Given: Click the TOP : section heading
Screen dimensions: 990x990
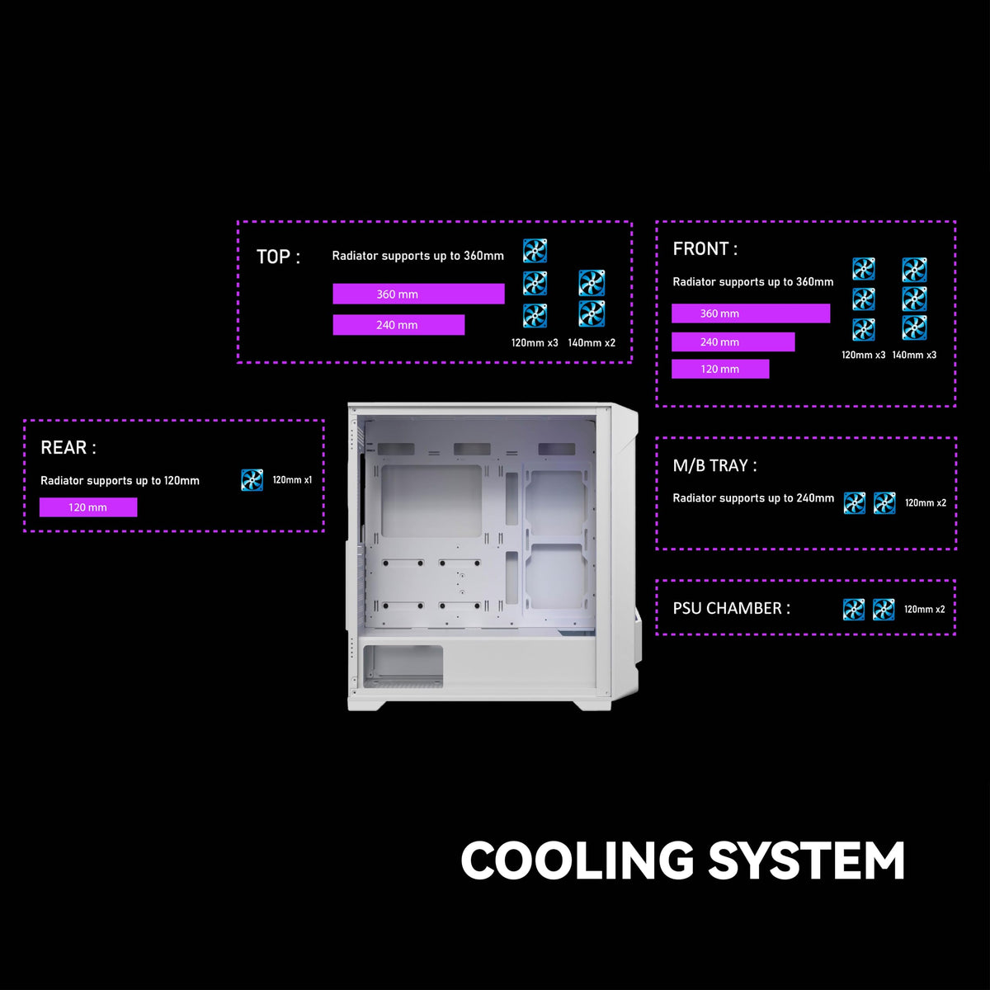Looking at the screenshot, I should [278, 257].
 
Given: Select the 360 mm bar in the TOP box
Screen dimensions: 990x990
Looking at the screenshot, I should [418, 295].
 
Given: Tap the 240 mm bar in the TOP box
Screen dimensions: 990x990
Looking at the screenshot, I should [398, 325].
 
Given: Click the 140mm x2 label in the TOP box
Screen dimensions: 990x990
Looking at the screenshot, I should [592, 343].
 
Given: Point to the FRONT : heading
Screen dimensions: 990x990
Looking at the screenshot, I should [705, 249].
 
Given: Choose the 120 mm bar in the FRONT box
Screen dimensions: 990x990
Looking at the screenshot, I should [720, 370].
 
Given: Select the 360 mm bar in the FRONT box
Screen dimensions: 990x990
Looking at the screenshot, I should [751, 313].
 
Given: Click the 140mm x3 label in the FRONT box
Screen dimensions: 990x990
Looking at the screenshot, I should [914, 356].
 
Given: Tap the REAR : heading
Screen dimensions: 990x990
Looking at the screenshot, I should [68, 448].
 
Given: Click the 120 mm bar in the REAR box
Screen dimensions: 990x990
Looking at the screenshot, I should [88, 507].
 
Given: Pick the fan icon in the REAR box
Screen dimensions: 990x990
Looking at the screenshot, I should [252, 480].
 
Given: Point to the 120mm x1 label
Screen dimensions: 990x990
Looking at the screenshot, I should [292, 480].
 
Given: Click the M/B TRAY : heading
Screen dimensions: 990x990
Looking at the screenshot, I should [714, 466].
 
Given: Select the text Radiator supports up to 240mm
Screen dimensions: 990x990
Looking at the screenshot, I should [753, 498].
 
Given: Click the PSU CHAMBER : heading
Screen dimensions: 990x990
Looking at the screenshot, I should [731, 609].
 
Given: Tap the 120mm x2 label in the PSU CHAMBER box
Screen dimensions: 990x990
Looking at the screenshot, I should [925, 610].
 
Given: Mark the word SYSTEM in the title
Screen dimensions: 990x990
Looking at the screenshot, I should [806, 860].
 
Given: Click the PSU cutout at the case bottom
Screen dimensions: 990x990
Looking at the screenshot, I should [403, 667].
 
